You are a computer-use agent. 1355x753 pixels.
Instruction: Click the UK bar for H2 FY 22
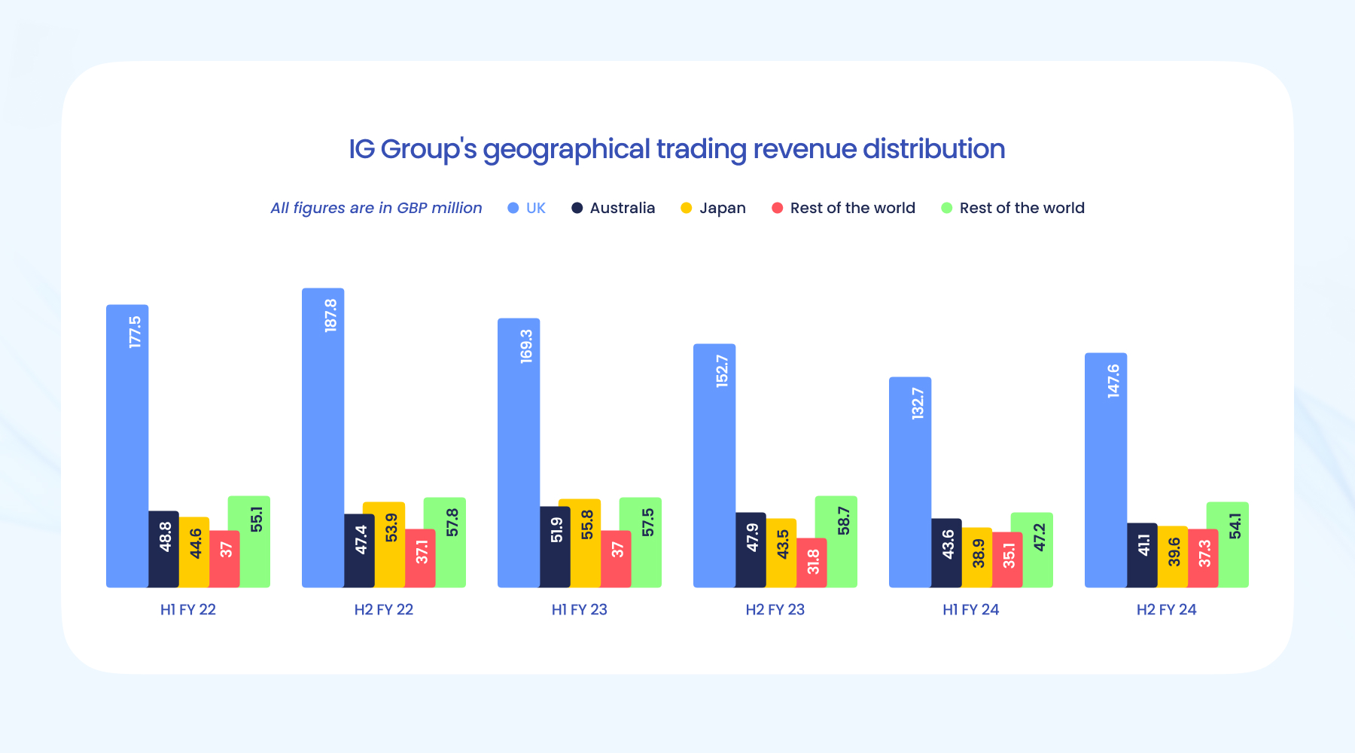tap(323, 437)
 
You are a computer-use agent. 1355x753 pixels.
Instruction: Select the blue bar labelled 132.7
tap(910, 482)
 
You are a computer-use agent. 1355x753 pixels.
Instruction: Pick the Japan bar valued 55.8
tap(580, 542)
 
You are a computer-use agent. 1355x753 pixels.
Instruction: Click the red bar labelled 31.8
tap(811, 562)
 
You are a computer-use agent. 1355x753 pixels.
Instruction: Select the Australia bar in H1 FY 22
tap(163, 549)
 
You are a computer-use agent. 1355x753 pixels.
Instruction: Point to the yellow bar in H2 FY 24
tap(1173, 556)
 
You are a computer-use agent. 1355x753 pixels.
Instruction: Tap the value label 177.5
tap(135, 332)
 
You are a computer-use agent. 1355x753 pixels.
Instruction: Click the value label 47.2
tap(1040, 538)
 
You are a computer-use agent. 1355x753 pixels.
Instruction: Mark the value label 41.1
tap(1144, 545)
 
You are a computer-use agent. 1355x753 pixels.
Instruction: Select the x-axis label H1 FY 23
tap(579, 610)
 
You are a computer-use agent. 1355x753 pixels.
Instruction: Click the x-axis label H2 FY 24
tap(1166, 610)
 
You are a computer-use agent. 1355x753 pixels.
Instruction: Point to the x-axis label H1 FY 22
tap(187, 610)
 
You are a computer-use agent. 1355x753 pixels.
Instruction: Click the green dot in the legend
tap(947, 208)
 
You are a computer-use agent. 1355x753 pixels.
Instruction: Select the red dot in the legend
tap(778, 208)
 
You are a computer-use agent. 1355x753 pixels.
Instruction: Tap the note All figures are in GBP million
tap(376, 208)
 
